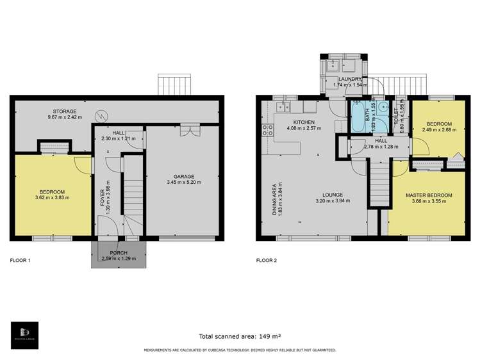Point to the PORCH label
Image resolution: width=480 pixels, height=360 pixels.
(x=118, y=252)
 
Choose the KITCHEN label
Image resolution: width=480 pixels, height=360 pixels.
(x=303, y=122)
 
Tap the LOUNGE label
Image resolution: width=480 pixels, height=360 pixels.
(x=333, y=195)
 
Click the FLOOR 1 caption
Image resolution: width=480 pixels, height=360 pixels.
(x=21, y=261)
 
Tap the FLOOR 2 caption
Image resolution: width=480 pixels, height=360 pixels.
(x=267, y=261)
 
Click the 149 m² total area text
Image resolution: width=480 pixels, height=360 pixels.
(x=265, y=336)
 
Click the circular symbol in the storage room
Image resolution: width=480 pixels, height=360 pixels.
(x=101, y=117)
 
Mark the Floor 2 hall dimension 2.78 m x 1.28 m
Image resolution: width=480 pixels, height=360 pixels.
(x=381, y=147)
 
